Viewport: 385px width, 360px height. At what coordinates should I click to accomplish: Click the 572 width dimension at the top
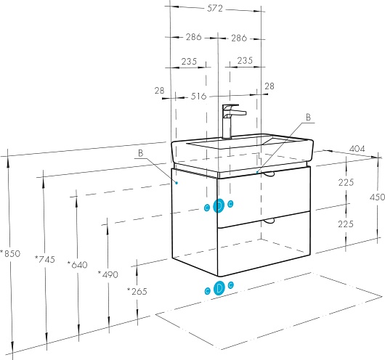tap(215, 9)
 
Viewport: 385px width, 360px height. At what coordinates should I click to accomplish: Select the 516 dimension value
tap(198, 97)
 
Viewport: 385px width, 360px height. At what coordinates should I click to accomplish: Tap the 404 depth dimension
tap(357, 149)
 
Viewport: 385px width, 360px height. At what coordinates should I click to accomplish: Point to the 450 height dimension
tap(378, 197)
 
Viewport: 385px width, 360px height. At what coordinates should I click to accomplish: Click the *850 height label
tap(10, 253)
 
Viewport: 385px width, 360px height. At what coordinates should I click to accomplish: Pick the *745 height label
tap(45, 259)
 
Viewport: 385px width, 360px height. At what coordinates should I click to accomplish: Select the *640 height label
tap(77, 265)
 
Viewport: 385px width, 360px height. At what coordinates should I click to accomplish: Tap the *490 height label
tap(108, 274)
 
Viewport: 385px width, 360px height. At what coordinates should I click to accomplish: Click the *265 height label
tap(137, 291)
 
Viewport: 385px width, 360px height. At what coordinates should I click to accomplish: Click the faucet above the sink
tap(231, 121)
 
